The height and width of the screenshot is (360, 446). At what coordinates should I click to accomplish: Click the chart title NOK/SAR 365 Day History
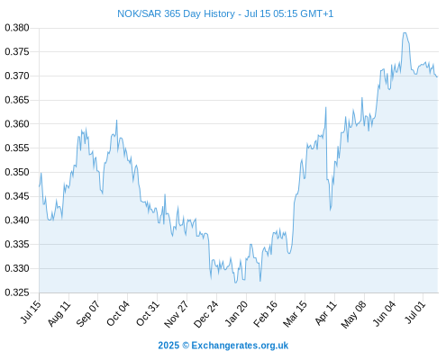[176, 13]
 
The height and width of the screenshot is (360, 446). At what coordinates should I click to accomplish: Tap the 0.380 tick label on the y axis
[17, 28]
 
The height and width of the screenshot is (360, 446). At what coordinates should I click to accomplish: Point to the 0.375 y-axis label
[17, 52]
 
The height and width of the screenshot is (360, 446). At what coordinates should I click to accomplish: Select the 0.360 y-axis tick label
[17, 124]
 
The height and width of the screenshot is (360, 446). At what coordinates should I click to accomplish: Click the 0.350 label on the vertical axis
[17, 172]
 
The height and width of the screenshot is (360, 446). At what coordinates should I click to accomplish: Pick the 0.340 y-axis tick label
[17, 220]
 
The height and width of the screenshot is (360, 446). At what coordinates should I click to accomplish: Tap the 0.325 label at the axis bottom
[17, 292]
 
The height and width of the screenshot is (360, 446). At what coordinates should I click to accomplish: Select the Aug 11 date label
[59, 313]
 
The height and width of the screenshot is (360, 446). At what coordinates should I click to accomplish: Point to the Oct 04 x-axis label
[118, 313]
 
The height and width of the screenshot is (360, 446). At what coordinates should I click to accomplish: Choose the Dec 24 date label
[206, 314]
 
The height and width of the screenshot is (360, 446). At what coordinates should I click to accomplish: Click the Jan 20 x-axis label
[237, 313]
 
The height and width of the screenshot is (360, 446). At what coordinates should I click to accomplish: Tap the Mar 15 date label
[296, 313]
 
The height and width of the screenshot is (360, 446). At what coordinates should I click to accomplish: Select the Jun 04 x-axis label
[384, 313]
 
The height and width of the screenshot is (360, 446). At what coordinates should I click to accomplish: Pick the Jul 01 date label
[415, 312]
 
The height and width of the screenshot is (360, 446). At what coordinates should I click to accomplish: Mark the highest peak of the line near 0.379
[405, 33]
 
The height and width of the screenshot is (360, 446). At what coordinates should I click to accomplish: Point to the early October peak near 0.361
[117, 121]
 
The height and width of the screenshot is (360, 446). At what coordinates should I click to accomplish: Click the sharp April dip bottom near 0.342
[331, 211]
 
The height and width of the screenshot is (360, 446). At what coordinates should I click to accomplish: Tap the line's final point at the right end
[437, 76]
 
